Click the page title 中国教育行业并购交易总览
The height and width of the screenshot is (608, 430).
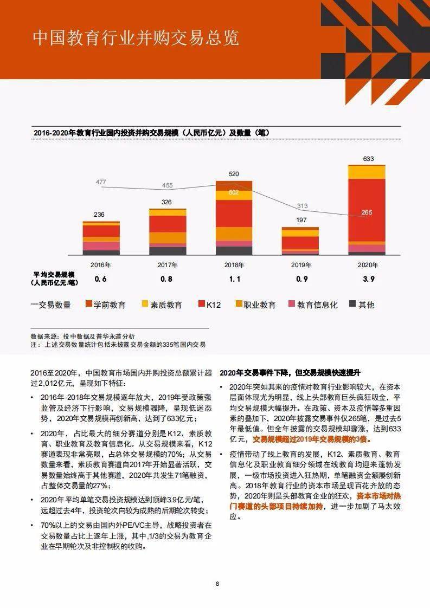(x=136, y=38)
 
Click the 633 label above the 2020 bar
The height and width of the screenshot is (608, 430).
(x=369, y=159)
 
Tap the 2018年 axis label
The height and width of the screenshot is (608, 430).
(x=234, y=265)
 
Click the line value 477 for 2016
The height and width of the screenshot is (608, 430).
(x=101, y=182)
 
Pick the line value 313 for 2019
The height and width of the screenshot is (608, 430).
(x=302, y=206)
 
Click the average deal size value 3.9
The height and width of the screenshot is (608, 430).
(x=368, y=279)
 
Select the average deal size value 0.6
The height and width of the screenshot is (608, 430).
(x=100, y=279)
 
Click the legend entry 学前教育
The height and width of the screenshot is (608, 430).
(x=105, y=305)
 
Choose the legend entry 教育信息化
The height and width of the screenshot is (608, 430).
(x=313, y=305)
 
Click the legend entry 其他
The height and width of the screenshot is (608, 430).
(x=362, y=305)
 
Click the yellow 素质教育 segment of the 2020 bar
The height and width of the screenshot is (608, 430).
(x=367, y=172)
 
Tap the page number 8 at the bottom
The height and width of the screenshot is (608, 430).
(x=217, y=584)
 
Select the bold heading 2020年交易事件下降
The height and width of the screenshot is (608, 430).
(x=290, y=373)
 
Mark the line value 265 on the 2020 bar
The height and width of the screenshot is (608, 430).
(x=367, y=212)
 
